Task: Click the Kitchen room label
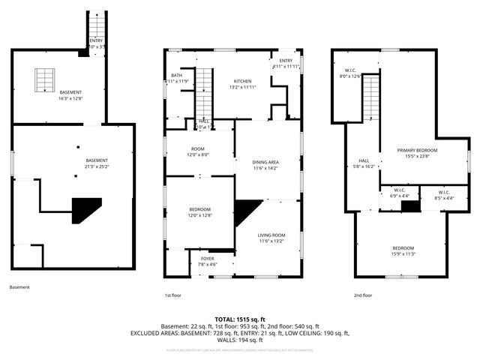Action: click(x=242, y=81)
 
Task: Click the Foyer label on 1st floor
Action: click(x=206, y=259)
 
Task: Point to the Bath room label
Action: click(x=176, y=75)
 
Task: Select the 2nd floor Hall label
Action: click(x=364, y=160)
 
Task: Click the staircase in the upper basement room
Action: click(x=43, y=78)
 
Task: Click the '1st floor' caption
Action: click(x=174, y=295)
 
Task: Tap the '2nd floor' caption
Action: click(x=363, y=295)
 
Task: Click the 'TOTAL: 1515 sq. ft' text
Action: click(x=240, y=319)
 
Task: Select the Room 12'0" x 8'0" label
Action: click(x=199, y=151)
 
